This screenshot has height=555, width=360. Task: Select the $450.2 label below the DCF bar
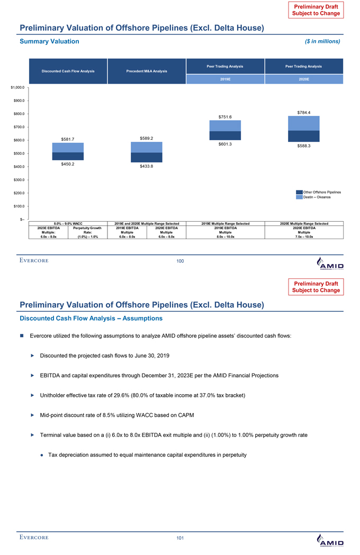point(67,164)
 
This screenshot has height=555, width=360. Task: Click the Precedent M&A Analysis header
point(146,71)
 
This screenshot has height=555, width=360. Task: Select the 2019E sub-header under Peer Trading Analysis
point(225,79)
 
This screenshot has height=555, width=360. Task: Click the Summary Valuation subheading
point(50,41)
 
